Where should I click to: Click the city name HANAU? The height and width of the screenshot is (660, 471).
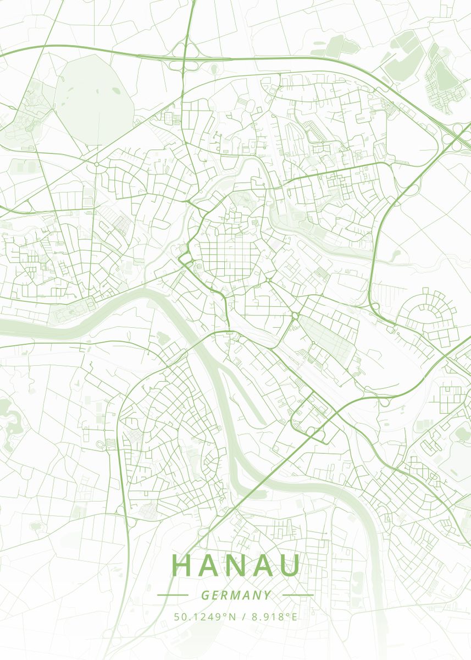(x=236, y=565)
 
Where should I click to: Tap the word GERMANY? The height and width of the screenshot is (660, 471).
(x=236, y=595)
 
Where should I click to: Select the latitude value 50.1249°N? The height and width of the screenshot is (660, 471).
(x=204, y=617)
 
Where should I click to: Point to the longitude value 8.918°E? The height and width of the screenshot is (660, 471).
(x=274, y=617)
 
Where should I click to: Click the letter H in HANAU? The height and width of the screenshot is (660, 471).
(x=182, y=565)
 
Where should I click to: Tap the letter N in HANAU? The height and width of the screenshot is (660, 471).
(x=236, y=565)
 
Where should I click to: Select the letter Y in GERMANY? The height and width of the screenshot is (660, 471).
(x=267, y=595)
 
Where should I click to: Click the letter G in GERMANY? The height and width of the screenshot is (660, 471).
(x=204, y=595)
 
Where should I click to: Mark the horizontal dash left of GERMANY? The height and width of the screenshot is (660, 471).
(x=173, y=595)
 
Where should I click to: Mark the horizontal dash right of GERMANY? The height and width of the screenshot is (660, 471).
(x=297, y=595)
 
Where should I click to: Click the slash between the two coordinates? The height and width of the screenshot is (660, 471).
(x=244, y=617)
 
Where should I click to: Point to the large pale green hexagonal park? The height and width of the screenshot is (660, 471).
(x=95, y=102)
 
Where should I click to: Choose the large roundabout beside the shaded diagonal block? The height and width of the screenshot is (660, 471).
(x=295, y=316)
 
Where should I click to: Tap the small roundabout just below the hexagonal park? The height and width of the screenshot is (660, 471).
(x=97, y=164)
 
